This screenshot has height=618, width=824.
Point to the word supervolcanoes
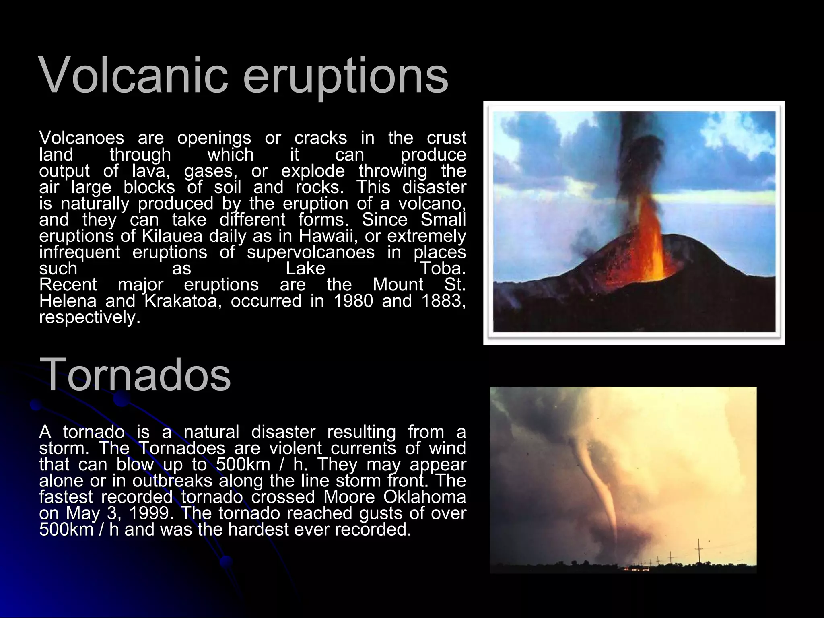(x=311, y=253)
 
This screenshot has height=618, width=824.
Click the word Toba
(x=443, y=268)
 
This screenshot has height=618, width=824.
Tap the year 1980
(x=353, y=301)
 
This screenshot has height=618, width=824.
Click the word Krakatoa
(x=183, y=301)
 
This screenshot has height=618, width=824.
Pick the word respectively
(x=90, y=318)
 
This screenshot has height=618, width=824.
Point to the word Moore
(x=349, y=497)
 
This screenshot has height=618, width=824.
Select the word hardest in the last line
(x=259, y=529)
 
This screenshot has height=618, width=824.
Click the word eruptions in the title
(x=345, y=76)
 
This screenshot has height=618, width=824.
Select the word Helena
(x=68, y=301)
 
